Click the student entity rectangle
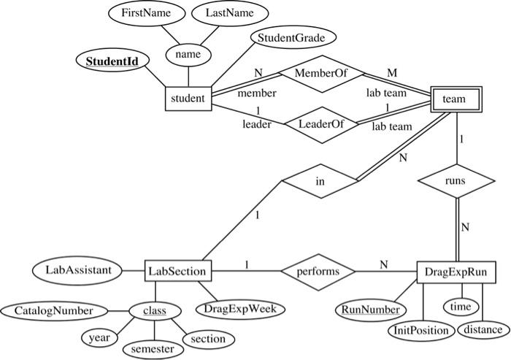187,98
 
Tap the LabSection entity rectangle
178,272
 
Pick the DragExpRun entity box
456,272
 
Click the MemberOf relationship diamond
319,74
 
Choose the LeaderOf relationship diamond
319,123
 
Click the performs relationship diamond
318,272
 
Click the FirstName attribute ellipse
140,14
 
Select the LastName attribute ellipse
225,14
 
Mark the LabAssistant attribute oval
79,270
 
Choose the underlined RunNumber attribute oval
368,309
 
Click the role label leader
257,125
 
